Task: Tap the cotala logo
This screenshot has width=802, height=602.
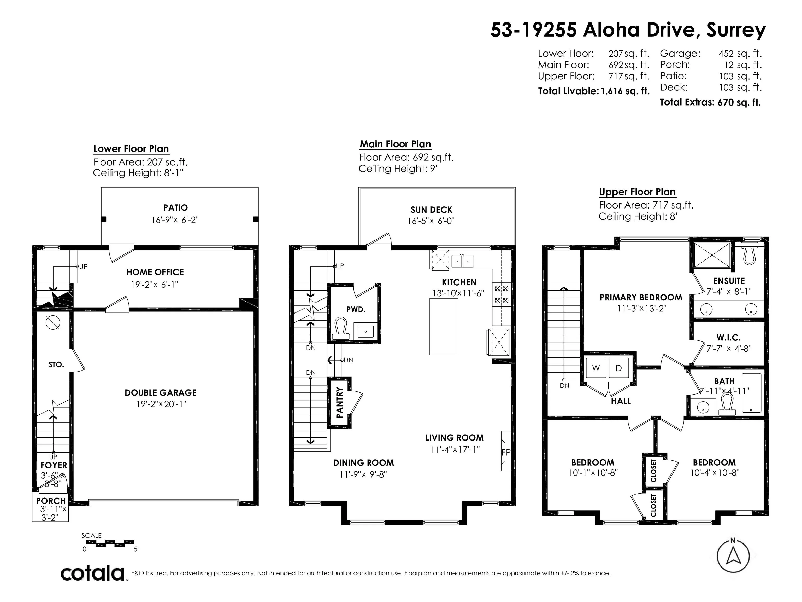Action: tap(92, 573)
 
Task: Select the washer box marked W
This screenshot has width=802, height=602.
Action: tap(596, 368)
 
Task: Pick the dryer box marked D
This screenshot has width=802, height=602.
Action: tap(618, 368)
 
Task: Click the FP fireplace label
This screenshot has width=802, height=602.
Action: tap(506, 452)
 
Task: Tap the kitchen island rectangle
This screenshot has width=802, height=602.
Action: tap(444, 326)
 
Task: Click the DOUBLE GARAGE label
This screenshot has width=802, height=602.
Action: tap(161, 393)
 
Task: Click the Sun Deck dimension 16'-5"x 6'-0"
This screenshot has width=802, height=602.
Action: tap(431, 221)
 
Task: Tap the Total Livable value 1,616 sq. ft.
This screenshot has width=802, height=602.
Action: tap(625, 91)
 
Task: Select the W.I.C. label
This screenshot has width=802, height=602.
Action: tap(728, 338)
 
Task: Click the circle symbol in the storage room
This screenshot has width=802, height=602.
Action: tap(53, 322)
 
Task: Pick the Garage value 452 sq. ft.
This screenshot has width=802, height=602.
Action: tap(740, 54)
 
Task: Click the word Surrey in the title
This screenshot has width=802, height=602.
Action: tap(736, 30)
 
